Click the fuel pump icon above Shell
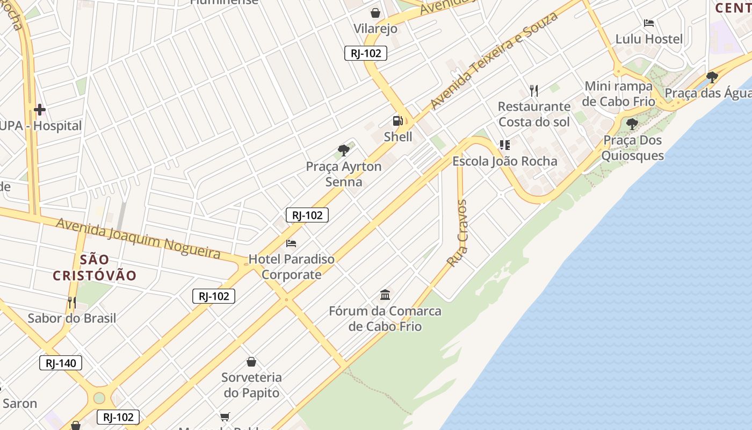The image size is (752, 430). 397,121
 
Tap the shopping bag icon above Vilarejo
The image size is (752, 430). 375,12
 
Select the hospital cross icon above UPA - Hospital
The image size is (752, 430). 39,110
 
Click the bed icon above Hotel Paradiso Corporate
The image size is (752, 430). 291,243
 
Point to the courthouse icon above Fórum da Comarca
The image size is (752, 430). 385,295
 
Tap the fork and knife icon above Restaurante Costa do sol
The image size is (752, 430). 533,90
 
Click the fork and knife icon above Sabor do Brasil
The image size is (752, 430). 71,303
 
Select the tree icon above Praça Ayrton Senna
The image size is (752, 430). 344,150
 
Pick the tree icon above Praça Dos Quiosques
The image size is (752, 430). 632,124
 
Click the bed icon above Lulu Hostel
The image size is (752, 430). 649,23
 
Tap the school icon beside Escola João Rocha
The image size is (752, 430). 504,145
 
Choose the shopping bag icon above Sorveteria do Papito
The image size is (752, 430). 251,362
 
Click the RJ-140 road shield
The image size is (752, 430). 61,363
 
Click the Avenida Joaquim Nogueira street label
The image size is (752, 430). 139,238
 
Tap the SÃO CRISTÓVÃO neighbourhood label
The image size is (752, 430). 95,268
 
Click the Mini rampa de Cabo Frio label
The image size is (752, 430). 619,94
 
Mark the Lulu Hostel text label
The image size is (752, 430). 649,39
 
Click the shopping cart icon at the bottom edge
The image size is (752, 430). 225,417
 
